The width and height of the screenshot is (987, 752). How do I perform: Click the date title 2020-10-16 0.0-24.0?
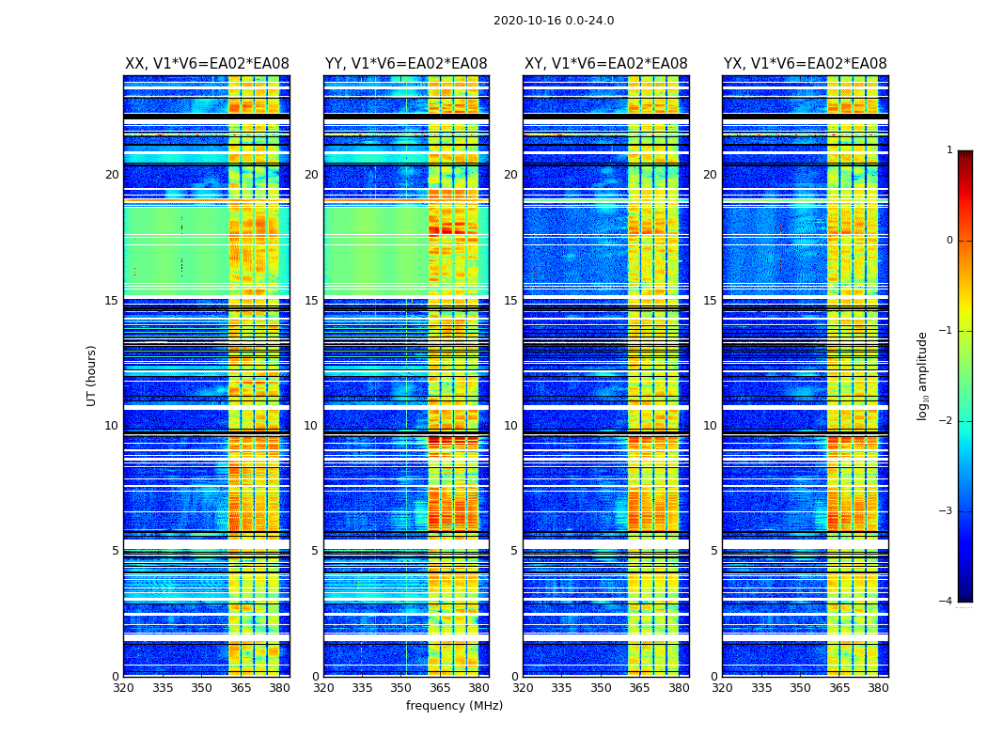(554, 21)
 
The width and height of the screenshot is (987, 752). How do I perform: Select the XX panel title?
(207, 64)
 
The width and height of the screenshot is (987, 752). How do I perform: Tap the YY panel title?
(406, 64)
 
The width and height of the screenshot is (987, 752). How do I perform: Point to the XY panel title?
(606, 64)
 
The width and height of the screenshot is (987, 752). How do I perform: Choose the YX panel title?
(806, 64)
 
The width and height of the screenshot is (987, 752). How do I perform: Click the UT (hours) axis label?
(92, 375)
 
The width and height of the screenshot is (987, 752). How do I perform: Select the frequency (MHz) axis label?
(454, 706)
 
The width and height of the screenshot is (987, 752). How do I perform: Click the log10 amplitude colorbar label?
(923, 375)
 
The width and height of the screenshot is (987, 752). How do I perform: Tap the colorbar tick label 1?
(948, 150)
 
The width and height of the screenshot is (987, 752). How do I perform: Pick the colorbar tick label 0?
(948, 241)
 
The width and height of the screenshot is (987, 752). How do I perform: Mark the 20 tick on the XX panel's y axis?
(112, 175)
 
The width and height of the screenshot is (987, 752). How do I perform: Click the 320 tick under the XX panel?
(124, 688)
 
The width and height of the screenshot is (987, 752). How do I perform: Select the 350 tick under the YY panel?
(401, 688)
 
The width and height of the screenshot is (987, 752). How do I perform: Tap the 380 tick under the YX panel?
(878, 688)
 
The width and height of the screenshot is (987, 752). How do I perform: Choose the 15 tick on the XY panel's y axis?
(510, 301)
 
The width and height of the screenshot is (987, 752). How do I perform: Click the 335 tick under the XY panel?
(562, 688)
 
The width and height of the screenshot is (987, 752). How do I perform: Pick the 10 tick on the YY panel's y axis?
(311, 426)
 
